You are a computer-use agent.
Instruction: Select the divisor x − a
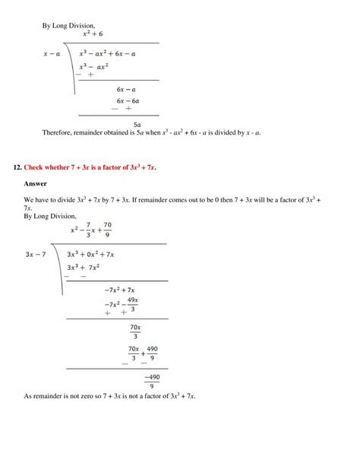pyautogui.click(x=52, y=55)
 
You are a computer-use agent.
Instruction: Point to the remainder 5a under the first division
pyautogui.click(x=136, y=123)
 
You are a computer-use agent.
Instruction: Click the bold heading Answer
pyautogui.click(x=36, y=184)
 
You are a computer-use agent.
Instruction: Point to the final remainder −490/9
pyautogui.click(x=153, y=381)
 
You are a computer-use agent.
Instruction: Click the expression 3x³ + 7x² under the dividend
pyautogui.click(x=84, y=268)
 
